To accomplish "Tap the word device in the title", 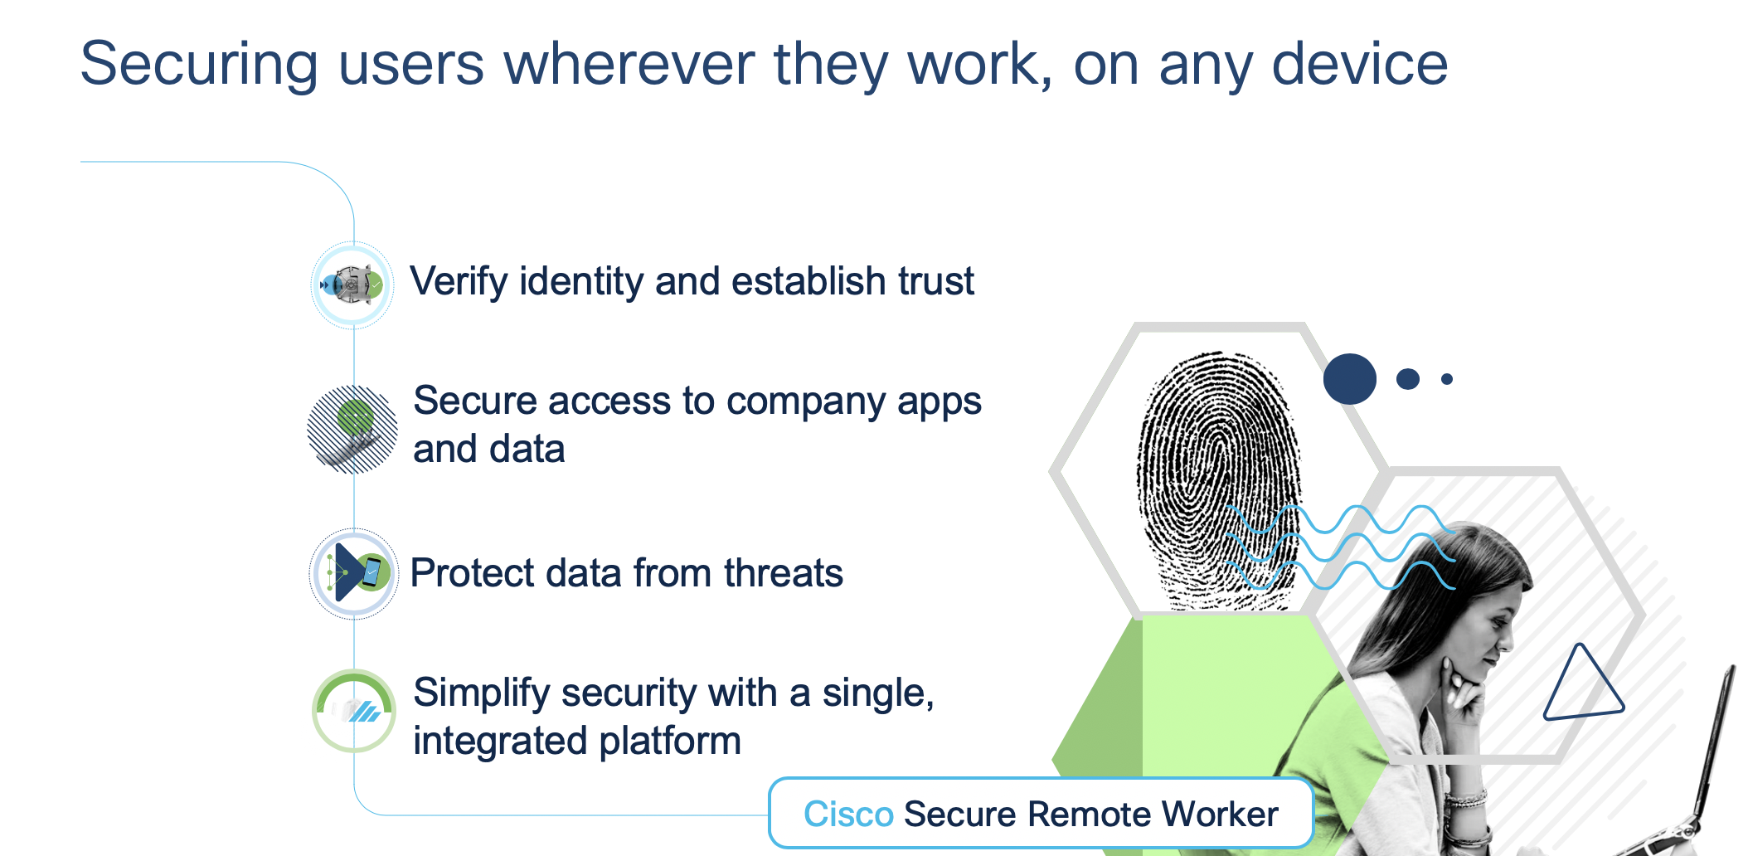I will pyautogui.click(x=1359, y=65).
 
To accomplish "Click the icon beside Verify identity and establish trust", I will pyautogui.click(x=352, y=285).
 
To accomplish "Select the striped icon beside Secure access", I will pyautogui.click(x=352, y=429).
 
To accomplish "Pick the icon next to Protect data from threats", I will pyautogui.click(x=354, y=573).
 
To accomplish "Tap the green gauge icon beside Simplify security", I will pyautogui.click(x=354, y=711).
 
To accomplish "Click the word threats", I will pyautogui.click(x=783, y=573).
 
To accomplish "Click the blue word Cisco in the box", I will pyautogui.click(x=848, y=814).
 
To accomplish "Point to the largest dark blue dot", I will pyautogui.click(x=1349, y=379).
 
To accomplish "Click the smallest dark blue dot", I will pyautogui.click(x=1447, y=379).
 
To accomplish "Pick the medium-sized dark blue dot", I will pyautogui.click(x=1408, y=379).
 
